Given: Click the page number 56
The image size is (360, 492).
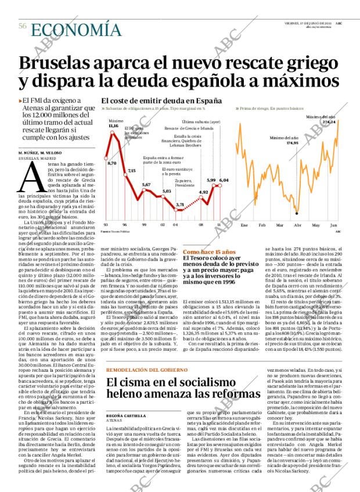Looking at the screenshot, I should click(23, 26).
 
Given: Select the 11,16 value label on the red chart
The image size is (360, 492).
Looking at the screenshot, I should click(113, 125).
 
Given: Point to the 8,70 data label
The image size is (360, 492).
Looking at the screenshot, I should click(112, 163).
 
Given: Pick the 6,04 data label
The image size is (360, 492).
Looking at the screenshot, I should click(224, 180).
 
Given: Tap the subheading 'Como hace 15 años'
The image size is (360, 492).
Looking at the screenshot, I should click(201, 253).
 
